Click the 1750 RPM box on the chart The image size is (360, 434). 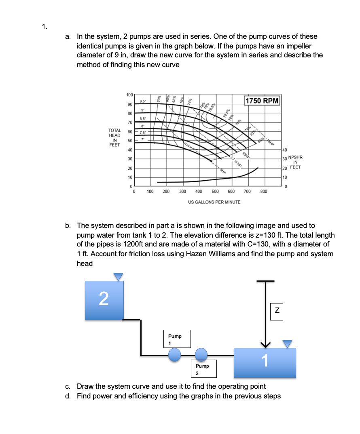[262, 100]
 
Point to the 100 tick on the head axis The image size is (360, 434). [129, 95]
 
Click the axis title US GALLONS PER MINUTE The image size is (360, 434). [214, 202]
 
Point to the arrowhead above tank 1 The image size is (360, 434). [265, 344]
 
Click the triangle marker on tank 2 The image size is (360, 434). [118, 276]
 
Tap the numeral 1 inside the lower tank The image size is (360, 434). [265, 360]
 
